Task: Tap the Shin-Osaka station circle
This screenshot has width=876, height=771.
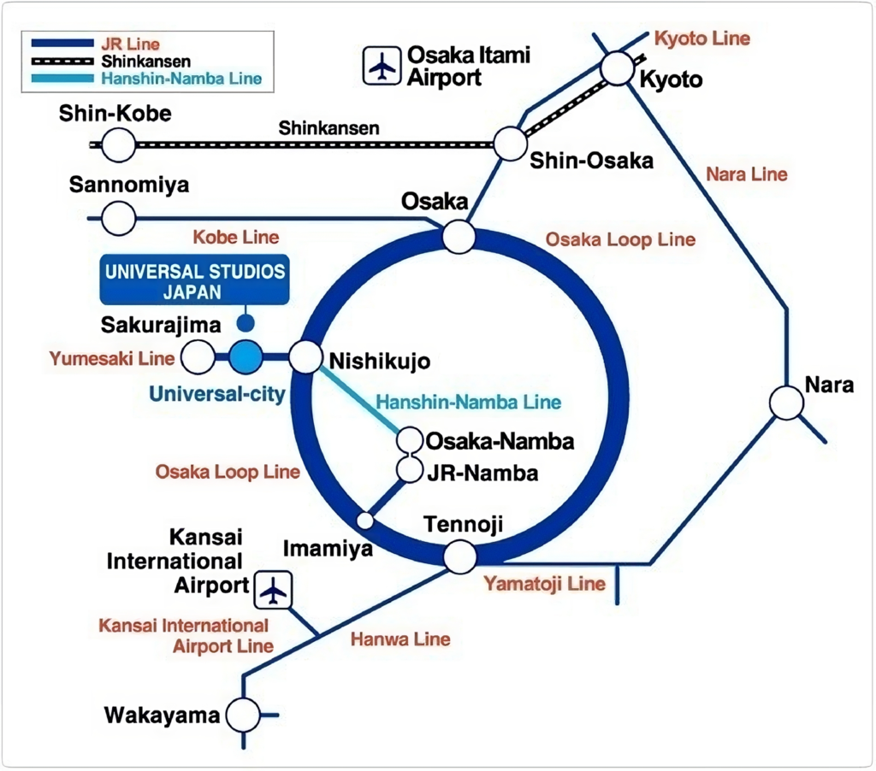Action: click(510, 143)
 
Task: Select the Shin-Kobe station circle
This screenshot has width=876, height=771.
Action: click(119, 145)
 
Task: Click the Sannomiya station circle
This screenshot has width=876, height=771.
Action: click(119, 219)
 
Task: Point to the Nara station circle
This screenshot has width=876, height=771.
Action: click(786, 402)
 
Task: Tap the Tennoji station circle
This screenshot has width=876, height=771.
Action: click(460, 556)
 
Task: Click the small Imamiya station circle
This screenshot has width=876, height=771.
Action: click(365, 520)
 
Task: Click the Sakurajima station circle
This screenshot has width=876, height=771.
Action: click(199, 356)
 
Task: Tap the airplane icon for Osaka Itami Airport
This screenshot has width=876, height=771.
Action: click(381, 67)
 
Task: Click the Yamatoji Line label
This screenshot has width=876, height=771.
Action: click(545, 585)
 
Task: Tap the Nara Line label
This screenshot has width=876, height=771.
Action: click(746, 174)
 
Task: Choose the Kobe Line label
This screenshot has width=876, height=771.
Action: click(235, 237)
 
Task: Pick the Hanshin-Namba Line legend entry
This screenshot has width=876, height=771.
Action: click(181, 79)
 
